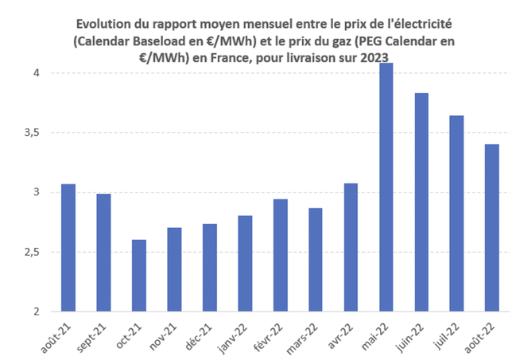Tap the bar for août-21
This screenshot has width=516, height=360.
(68, 247)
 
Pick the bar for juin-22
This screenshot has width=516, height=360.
(421, 202)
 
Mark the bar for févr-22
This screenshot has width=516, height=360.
(281, 255)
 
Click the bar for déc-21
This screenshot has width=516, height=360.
(210, 267)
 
